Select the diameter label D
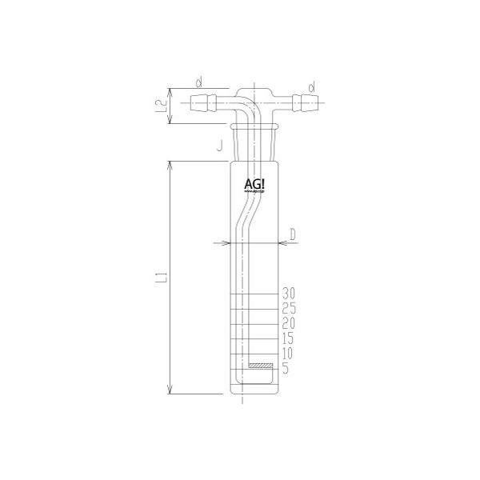tap(293, 234)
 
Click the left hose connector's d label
tap(199, 82)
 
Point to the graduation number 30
tap(290, 292)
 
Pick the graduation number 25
tap(290, 308)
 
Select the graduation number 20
tap(290, 323)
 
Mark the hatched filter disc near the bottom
tap(260, 366)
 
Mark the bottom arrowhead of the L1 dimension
tap(171, 391)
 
